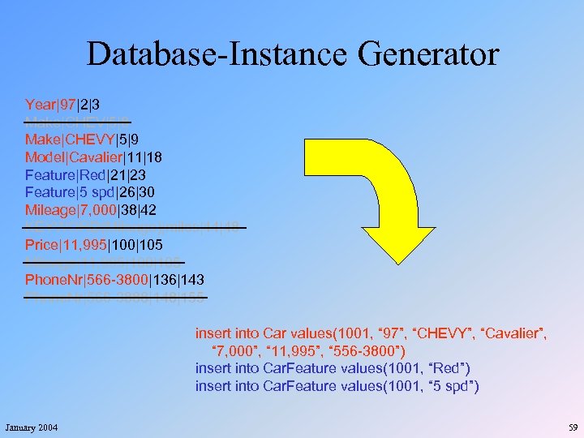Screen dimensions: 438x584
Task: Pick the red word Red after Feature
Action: click(87, 174)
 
